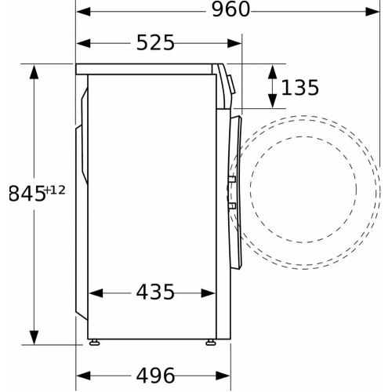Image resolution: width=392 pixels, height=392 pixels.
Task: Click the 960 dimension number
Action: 229,11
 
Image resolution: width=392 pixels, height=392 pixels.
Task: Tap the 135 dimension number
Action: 300,87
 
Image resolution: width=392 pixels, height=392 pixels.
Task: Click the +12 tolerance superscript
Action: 55,189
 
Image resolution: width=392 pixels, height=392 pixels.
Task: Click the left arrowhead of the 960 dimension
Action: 82,12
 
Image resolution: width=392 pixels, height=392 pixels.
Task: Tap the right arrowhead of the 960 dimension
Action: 375,12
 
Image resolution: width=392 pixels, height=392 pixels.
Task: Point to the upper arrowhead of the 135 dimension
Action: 271,69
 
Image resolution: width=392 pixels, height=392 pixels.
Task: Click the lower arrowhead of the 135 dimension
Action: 271,103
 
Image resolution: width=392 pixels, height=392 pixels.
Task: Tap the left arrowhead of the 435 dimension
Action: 94,293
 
